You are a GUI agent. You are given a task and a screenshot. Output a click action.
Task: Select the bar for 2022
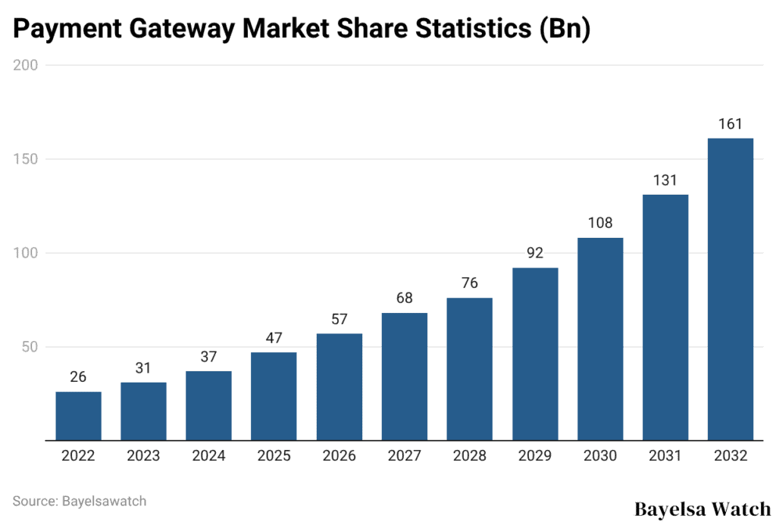coord(78,416)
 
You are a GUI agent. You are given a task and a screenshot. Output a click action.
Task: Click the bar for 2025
coord(274,396)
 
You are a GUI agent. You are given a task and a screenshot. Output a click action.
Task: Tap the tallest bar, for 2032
coord(730,289)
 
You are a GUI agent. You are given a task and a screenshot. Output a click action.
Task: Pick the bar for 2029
coord(534,354)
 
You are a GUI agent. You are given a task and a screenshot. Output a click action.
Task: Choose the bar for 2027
coord(404,377)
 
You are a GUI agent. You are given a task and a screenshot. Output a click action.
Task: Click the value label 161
coord(730,124)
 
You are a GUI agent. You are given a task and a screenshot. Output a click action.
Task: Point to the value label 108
coord(599,223)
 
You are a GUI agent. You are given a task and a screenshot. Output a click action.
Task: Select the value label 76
coord(469,283)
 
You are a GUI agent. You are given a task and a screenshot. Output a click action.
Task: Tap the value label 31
coord(143,368)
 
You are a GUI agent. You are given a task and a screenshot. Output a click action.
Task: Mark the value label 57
coord(339,319)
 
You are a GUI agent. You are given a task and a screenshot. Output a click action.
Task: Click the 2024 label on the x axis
coord(208,456)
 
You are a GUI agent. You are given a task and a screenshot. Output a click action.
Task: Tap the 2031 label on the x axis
coord(665,456)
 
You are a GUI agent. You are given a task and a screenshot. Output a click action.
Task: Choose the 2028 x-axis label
coord(469,456)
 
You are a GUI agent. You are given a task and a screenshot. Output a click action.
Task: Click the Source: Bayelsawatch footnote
coord(80,501)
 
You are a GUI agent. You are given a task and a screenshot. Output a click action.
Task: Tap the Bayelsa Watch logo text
coord(702,508)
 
